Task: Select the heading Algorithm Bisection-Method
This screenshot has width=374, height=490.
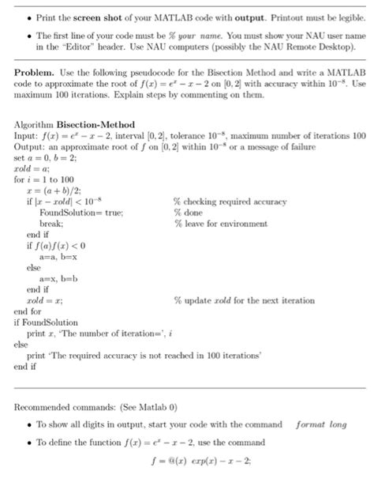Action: tap(75, 125)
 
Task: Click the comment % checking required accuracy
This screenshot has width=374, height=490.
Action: tap(230, 202)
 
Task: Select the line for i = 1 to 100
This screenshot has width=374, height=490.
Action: tap(44, 179)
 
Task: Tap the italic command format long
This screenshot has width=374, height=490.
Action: tap(320, 424)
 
